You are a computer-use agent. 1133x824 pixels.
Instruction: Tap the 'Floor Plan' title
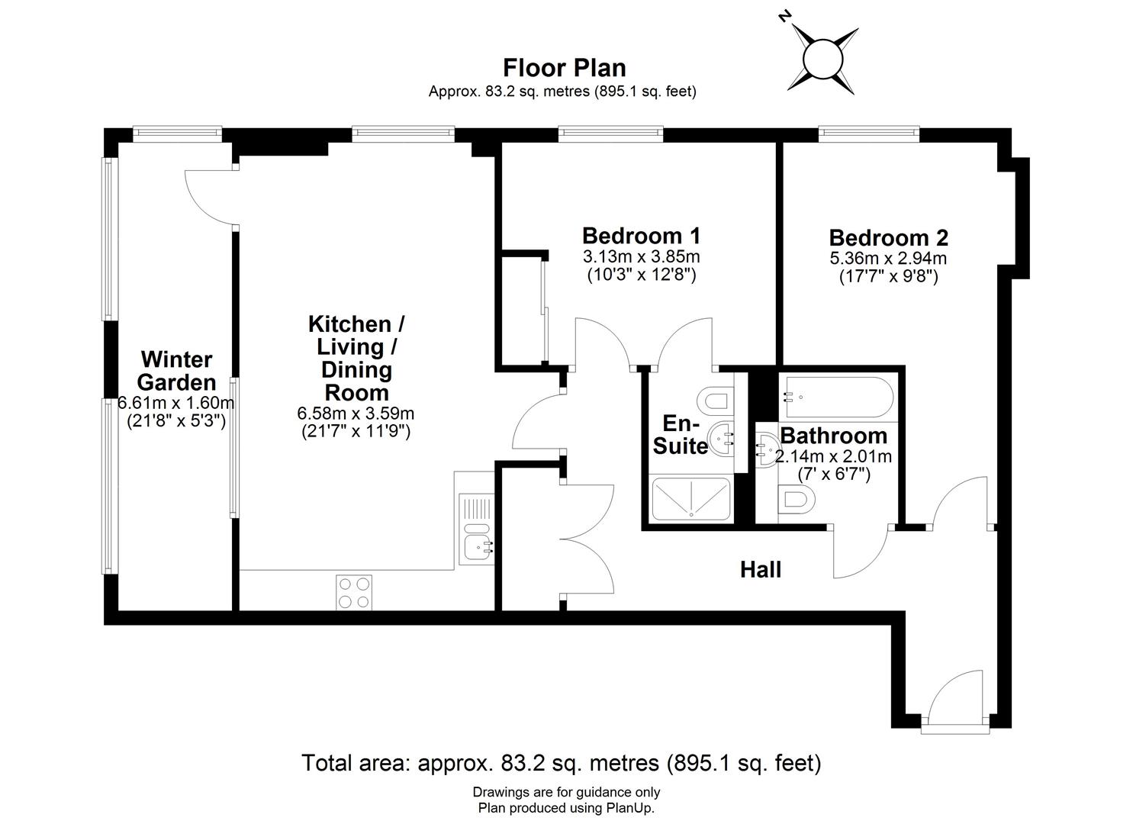pos(564,68)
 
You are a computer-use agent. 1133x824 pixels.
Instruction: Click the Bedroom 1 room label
pos(641,235)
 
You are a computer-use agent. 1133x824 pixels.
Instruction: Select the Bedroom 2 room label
pos(888,237)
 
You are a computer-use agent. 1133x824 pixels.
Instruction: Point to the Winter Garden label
pos(176,370)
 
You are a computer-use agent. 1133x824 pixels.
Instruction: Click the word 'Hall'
pos(761,569)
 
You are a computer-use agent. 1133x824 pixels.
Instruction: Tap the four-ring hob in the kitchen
pos(354,592)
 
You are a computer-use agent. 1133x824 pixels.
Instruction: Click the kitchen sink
pos(478,546)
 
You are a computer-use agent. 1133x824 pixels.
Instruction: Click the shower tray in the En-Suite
pos(690,501)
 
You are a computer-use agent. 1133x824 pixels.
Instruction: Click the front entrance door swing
pos(954,694)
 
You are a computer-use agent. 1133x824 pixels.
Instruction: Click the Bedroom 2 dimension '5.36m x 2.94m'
pos(888,258)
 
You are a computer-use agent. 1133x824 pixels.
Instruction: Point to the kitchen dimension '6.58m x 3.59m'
pos(356,414)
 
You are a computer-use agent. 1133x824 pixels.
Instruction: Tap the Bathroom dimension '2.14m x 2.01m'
pos(833,457)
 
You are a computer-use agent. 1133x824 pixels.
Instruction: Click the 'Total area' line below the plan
pos(562,763)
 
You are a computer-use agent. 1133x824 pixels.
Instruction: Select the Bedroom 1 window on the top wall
pos(610,134)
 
